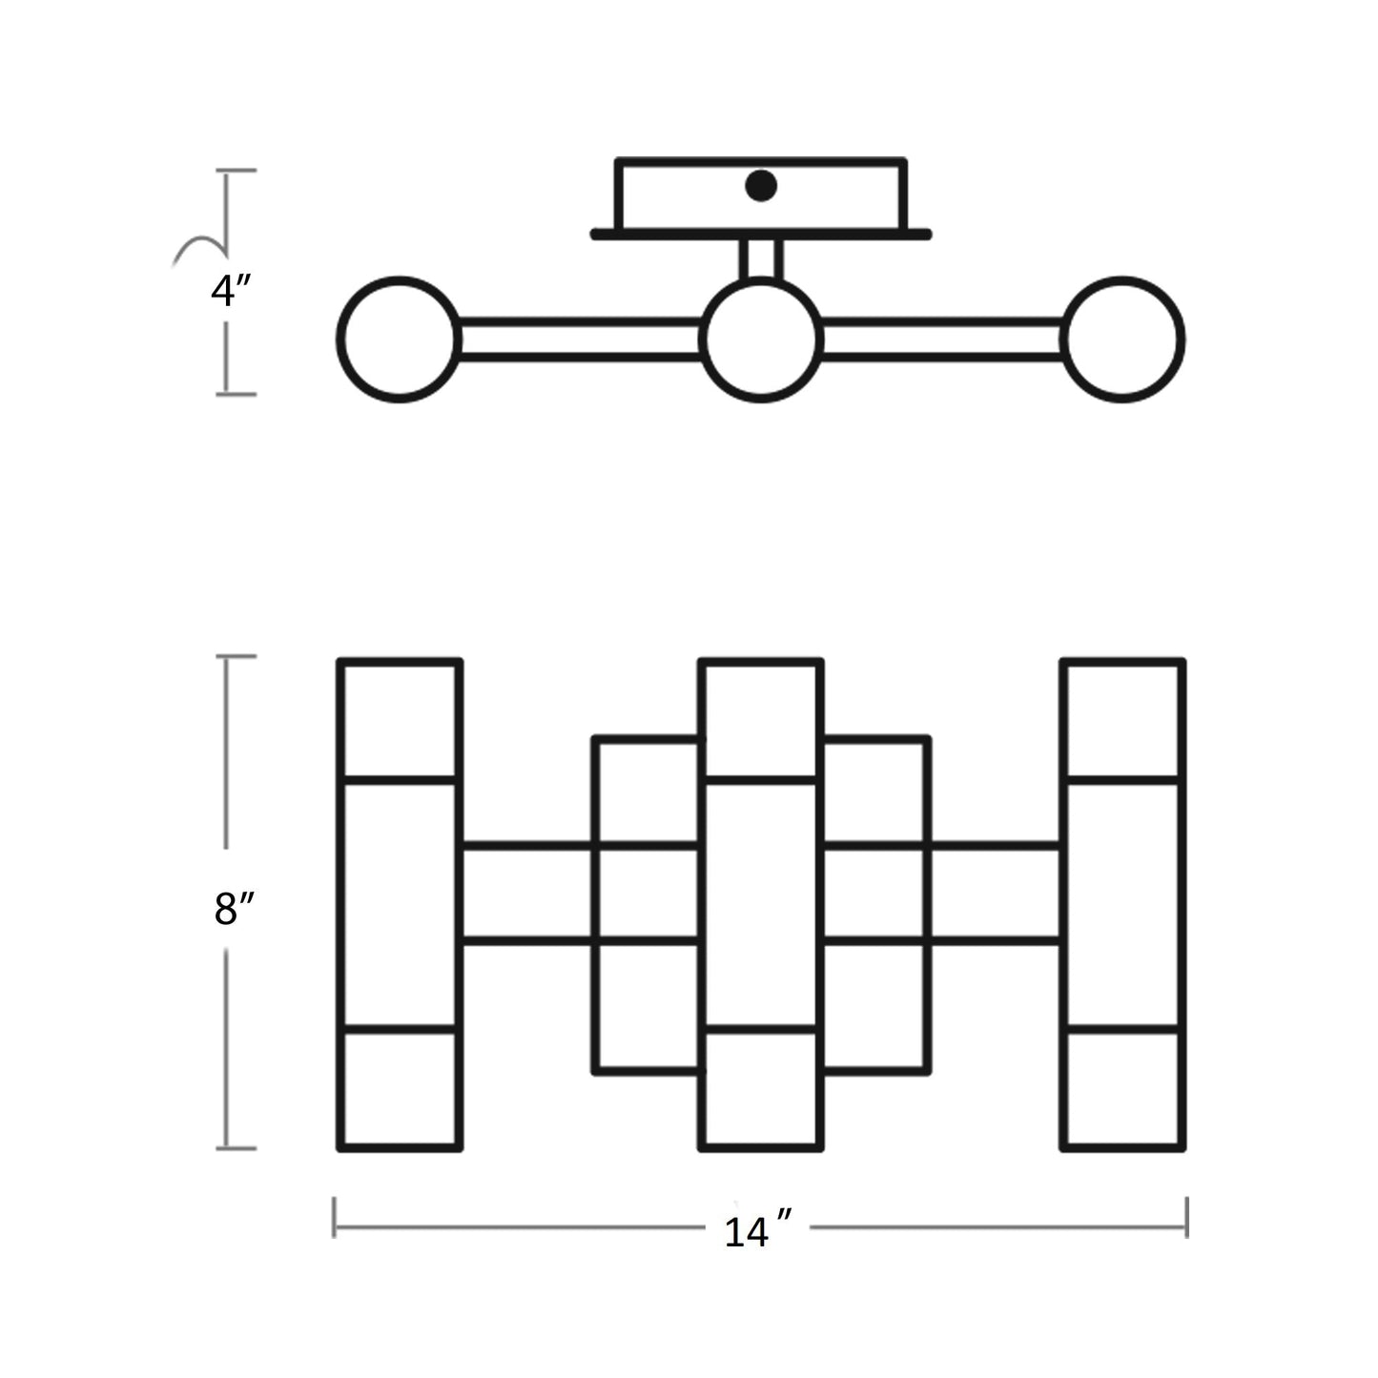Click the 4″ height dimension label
[230, 291]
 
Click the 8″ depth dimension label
[233, 910]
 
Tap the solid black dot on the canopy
[761, 186]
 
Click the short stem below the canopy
[761, 258]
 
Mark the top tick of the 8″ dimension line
[236, 656]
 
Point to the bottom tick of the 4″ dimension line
[236, 394]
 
